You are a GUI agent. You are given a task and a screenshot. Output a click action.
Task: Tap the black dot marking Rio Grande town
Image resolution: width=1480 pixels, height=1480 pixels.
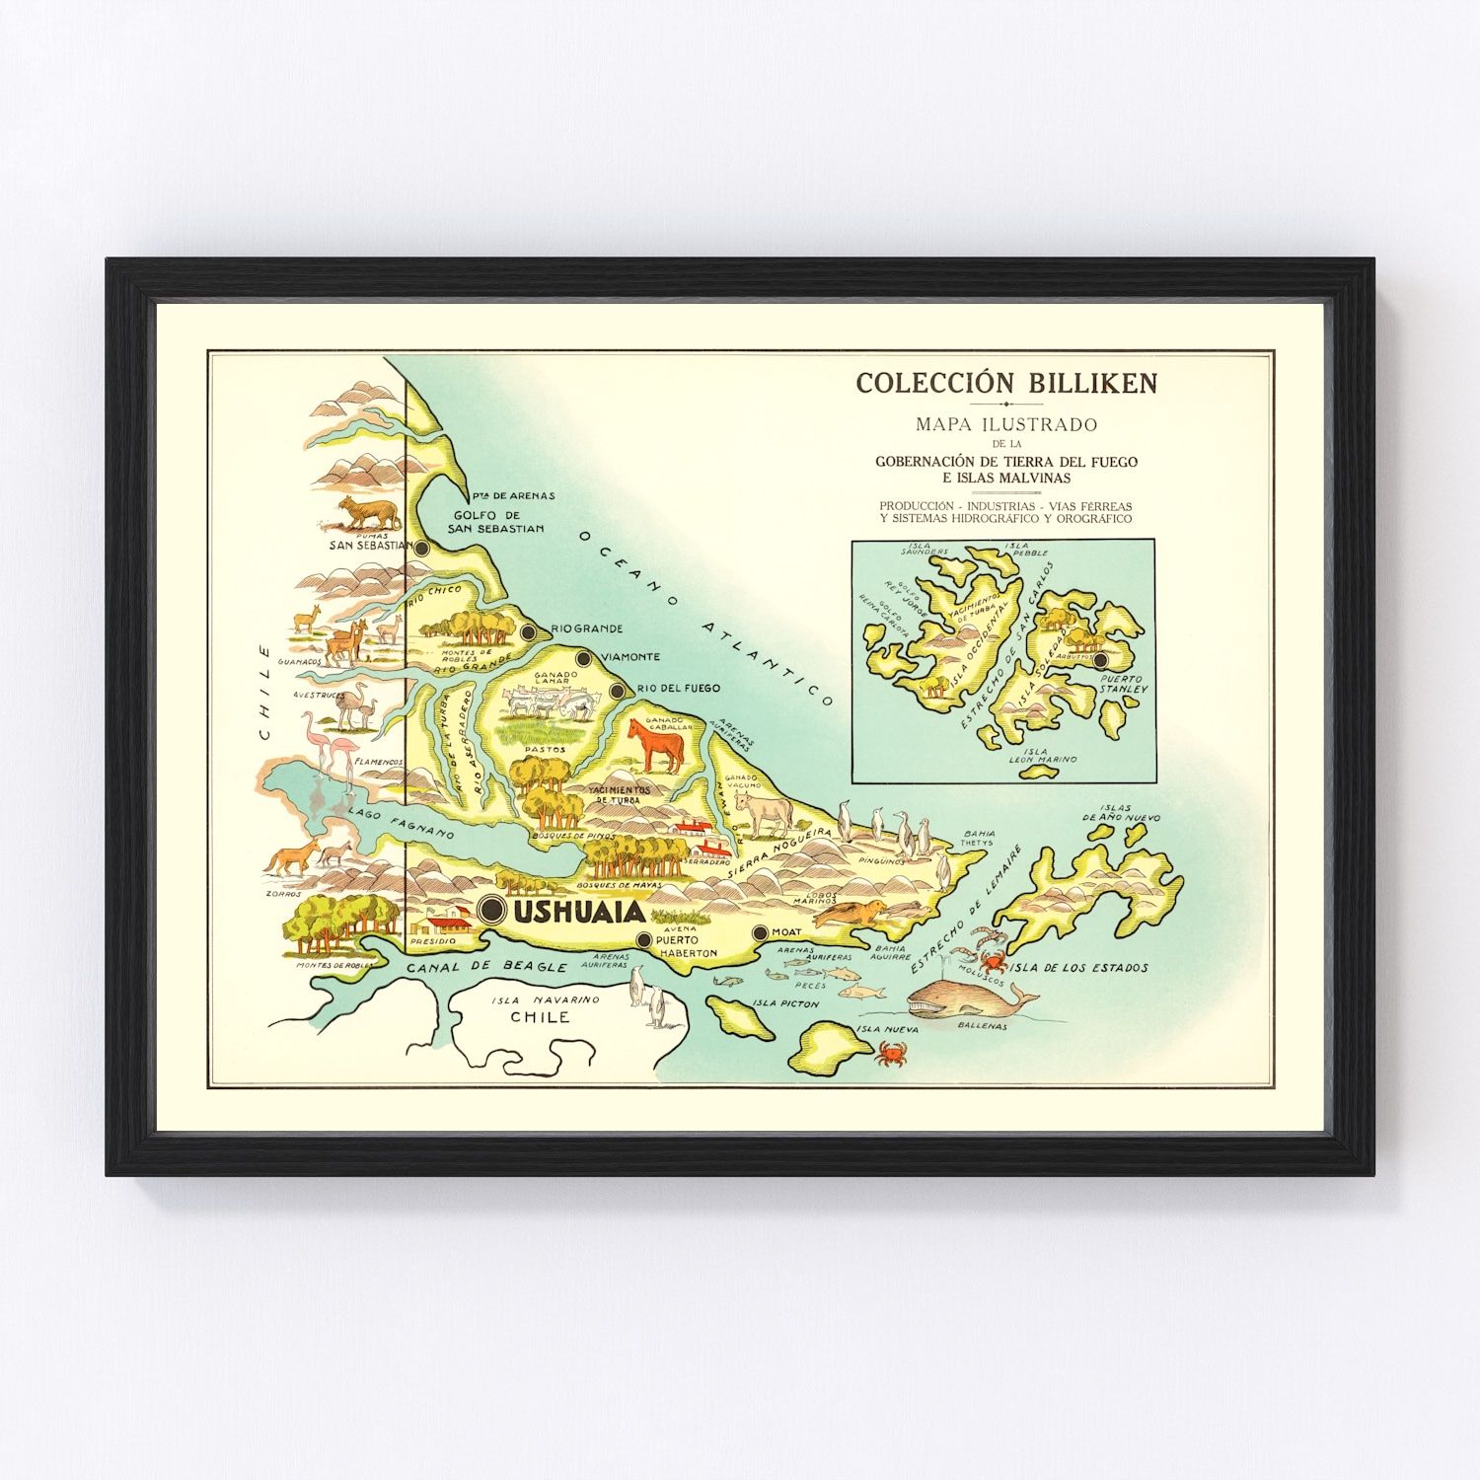click(529, 631)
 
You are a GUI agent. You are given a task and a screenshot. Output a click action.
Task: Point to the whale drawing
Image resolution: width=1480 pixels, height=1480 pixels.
click(967, 999)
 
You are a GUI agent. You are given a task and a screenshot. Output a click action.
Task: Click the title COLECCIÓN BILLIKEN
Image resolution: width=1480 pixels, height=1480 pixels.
click(1006, 383)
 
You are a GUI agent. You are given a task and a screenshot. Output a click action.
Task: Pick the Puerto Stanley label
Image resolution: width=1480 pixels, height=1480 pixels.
click(1124, 684)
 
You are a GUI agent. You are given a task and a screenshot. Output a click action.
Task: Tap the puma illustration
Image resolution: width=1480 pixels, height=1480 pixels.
click(368, 513)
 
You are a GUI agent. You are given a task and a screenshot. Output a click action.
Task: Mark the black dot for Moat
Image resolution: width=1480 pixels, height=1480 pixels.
click(760, 932)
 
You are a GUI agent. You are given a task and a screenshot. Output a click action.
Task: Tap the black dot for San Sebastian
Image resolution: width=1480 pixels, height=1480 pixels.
click(422, 548)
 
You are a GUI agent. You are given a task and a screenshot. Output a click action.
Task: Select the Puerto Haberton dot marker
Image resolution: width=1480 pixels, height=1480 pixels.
click(644, 940)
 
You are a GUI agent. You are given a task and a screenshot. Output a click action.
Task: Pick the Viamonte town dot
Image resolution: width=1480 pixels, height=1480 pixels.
click(583, 658)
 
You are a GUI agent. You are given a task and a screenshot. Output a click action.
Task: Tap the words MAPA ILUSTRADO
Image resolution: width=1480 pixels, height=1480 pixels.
click(1006, 425)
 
